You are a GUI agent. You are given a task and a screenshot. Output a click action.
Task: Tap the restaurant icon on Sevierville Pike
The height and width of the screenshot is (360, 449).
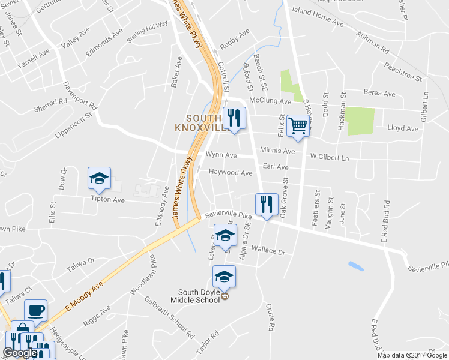(x=265, y=205)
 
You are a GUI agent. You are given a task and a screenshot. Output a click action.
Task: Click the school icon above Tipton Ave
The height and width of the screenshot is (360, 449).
(x=99, y=178)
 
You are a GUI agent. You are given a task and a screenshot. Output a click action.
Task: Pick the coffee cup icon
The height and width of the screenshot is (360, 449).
(x=35, y=311)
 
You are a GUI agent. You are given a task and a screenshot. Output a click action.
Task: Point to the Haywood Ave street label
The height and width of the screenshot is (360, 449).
(x=231, y=173)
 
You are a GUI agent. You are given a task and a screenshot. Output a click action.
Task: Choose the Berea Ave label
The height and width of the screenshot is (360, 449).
(x=380, y=94)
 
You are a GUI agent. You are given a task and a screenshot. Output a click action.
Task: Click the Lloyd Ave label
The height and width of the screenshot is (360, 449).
(x=402, y=128)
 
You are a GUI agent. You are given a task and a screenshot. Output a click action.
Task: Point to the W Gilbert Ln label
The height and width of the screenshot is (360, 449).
(x=329, y=157)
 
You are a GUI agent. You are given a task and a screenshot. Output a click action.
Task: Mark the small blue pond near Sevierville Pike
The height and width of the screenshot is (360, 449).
(x=355, y=265)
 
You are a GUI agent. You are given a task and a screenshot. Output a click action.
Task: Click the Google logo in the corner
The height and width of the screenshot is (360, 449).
(x=20, y=353)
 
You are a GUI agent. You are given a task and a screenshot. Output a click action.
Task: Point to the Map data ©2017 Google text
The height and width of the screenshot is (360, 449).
(x=412, y=355)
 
